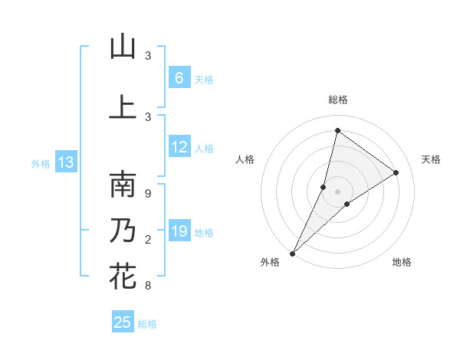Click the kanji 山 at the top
click(x=123, y=47)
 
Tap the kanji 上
click(x=123, y=107)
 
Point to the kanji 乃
click(x=123, y=230)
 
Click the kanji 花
click(x=123, y=276)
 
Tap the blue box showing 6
click(x=179, y=78)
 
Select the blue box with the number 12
click(x=179, y=147)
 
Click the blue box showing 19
click(x=179, y=231)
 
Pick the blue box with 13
click(x=65, y=162)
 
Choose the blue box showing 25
click(x=123, y=322)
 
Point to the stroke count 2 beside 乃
click(x=148, y=241)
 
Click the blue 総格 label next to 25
click(x=147, y=324)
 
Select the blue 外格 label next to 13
click(x=41, y=163)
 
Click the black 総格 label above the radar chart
click(x=337, y=100)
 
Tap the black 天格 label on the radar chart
click(x=431, y=159)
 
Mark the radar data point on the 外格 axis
click(x=292, y=253)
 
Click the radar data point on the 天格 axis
click(x=396, y=172)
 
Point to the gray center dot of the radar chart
click(x=337, y=191)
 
